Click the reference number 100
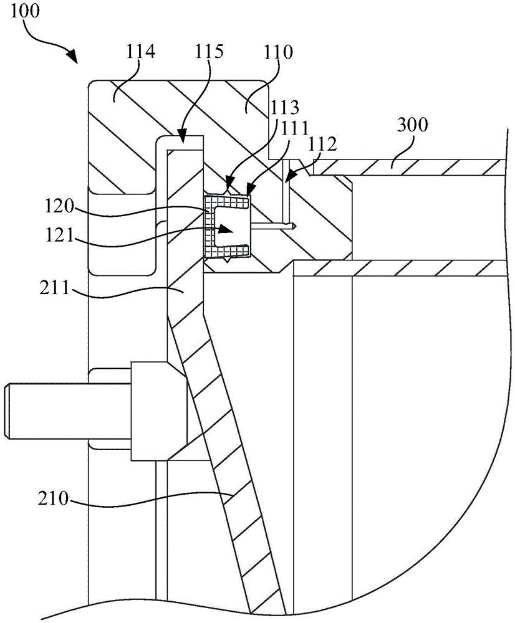(25, 11)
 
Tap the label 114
(140, 52)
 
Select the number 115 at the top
(209, 52)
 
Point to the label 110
(278, 52)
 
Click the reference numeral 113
(284, 107)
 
